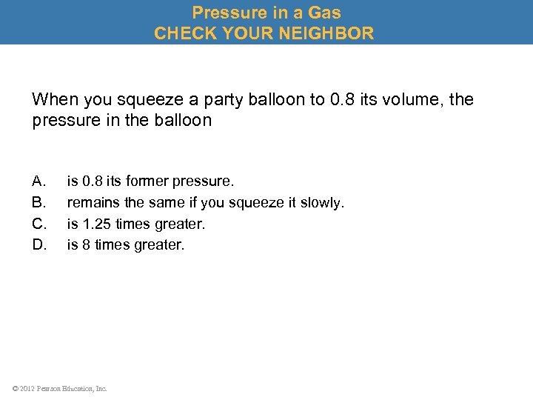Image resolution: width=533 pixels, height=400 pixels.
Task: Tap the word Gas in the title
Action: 325,12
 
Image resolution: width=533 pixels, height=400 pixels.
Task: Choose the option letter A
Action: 39,181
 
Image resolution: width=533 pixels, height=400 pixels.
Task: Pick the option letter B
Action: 39,202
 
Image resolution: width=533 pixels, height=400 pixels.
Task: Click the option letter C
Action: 39,223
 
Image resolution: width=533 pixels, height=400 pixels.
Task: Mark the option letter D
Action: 39,244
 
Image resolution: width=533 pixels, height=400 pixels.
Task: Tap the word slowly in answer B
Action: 324,202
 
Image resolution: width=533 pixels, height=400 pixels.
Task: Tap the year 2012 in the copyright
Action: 26,388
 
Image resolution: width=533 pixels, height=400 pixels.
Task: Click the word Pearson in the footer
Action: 50,388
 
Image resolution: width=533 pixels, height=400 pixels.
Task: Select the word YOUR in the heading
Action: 248,33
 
